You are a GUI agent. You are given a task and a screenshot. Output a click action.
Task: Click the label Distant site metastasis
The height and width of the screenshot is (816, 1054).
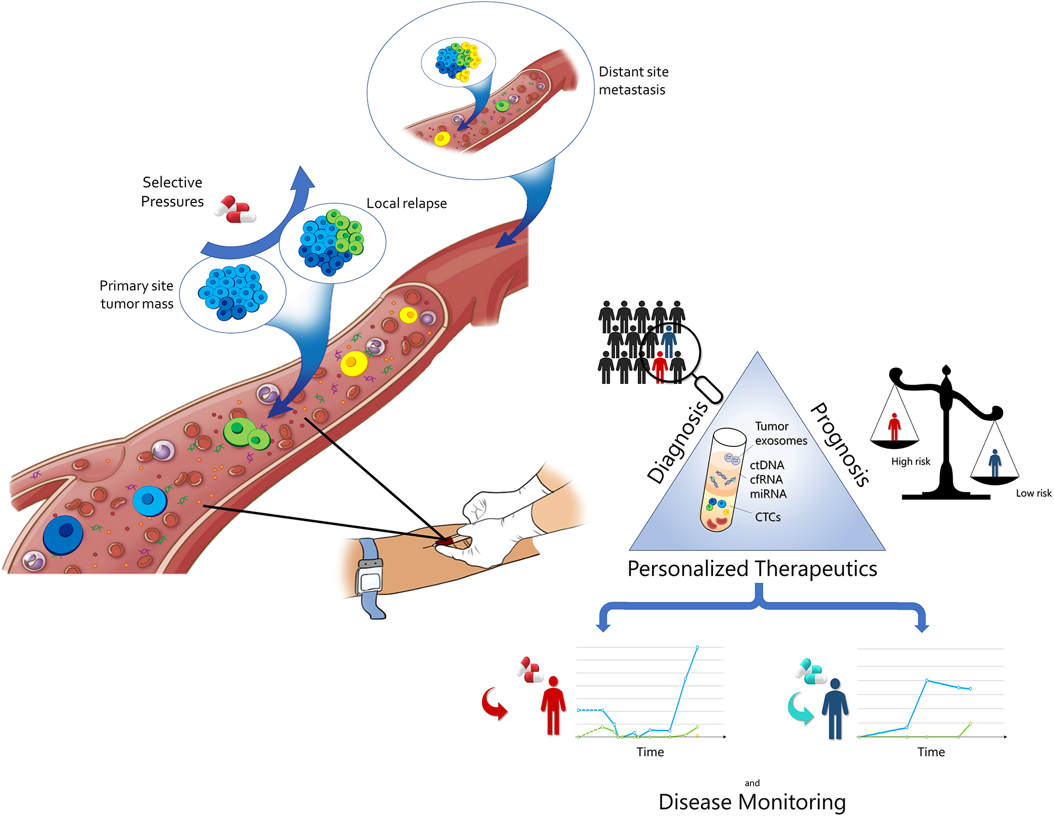click(x=633, y=80)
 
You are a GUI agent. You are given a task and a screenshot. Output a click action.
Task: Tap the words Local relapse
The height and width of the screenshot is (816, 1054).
click(x=406, y=204)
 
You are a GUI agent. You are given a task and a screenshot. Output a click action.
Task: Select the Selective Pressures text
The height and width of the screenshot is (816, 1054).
click(x=172, y=192)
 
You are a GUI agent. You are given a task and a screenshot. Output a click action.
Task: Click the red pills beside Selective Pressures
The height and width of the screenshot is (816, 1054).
click(x=235, y=209)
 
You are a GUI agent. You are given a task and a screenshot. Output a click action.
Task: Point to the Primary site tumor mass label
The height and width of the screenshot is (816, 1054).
click(x=136, y=295)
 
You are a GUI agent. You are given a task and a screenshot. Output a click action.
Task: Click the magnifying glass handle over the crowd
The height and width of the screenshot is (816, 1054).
click(x=709, y=389)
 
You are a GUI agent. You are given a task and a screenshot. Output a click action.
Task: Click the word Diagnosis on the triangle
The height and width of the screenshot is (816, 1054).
click(x=677, y=442)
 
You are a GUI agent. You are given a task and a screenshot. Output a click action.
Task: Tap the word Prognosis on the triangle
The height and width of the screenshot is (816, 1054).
click(x=840, y=444)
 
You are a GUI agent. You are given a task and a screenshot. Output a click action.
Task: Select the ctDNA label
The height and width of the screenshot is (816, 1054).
click(x=766, y=465)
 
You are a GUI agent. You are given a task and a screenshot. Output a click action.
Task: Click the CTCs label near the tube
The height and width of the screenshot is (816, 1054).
click(x=767, y=517)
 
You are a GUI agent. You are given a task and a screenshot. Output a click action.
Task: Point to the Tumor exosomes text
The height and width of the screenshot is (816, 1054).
click(x=781, y=434)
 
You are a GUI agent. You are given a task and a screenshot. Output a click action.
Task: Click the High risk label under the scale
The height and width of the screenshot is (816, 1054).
click(x=910, y=462)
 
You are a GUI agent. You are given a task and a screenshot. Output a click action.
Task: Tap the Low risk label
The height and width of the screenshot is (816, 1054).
click(x=1033, y=493)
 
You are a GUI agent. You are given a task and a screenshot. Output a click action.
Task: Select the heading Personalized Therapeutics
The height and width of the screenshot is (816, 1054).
click(x=751, y=569)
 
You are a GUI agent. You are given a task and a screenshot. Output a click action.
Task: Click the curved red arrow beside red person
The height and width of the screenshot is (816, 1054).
click(x=494, y=704)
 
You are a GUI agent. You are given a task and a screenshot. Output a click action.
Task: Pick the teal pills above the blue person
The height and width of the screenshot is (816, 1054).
click(x=811, y=672)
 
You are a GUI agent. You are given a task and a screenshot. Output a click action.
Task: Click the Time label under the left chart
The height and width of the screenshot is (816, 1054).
click(x=649, y=752)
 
